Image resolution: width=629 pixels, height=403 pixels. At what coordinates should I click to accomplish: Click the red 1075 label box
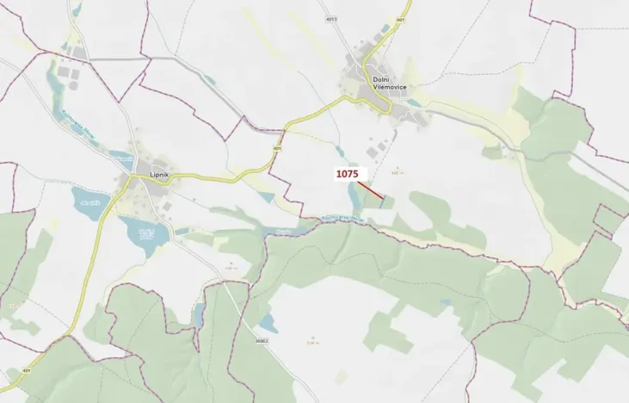coord(348,174)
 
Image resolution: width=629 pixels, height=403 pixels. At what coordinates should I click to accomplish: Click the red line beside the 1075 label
coord(371,190)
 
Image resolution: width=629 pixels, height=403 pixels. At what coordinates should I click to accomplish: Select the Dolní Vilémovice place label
coord(384,84)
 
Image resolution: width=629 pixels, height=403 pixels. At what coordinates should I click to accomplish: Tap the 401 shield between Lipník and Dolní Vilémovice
coord(277,148)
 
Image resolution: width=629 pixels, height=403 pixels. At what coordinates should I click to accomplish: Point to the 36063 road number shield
coord(262,341)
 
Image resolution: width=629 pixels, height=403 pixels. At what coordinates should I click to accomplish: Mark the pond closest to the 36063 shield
coord(268,324)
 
